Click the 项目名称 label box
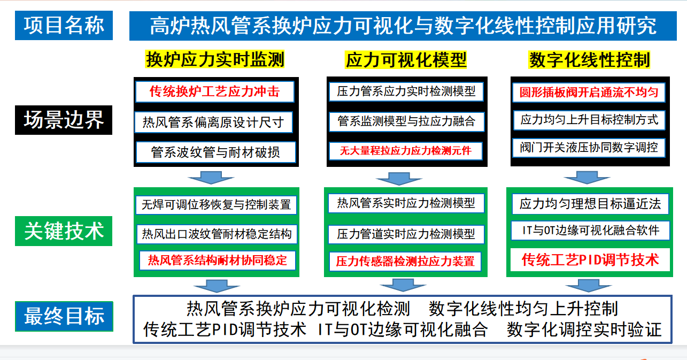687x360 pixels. point(64,26)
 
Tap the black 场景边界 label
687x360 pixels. point(64,120)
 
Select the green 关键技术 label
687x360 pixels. point(64,231)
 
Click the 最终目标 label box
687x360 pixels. point(64,317)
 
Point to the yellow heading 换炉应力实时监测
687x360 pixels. point(215,59)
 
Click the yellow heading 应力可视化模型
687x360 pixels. point(406,60)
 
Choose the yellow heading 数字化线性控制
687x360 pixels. point(589,60)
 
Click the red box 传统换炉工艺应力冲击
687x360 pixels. point(215,91)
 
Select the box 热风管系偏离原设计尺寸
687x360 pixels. point(213,122)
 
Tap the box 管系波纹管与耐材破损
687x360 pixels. point(215,152)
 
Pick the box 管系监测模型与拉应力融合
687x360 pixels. point(406,121)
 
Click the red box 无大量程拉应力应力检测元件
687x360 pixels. point(405,151)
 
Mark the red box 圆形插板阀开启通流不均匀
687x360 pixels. point(589,93)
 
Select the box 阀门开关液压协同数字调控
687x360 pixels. point(589,148)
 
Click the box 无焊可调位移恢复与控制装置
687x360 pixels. point(216,205)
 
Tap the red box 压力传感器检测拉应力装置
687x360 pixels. point(405,261)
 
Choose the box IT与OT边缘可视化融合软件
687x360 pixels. point(590,230)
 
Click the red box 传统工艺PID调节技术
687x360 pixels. point(590,260)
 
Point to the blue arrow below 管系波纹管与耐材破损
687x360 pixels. point(211,178)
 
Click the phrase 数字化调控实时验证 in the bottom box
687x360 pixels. point(584,330)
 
